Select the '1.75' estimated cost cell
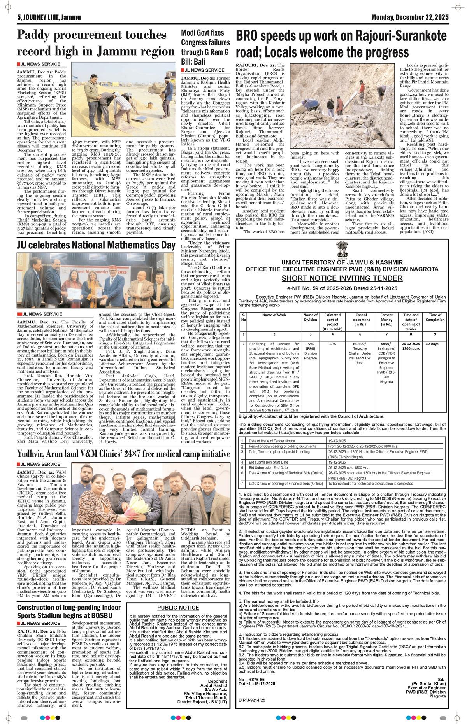coord(332,344)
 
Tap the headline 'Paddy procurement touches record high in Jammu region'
coord(96,43)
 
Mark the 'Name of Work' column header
coord(274,315)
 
